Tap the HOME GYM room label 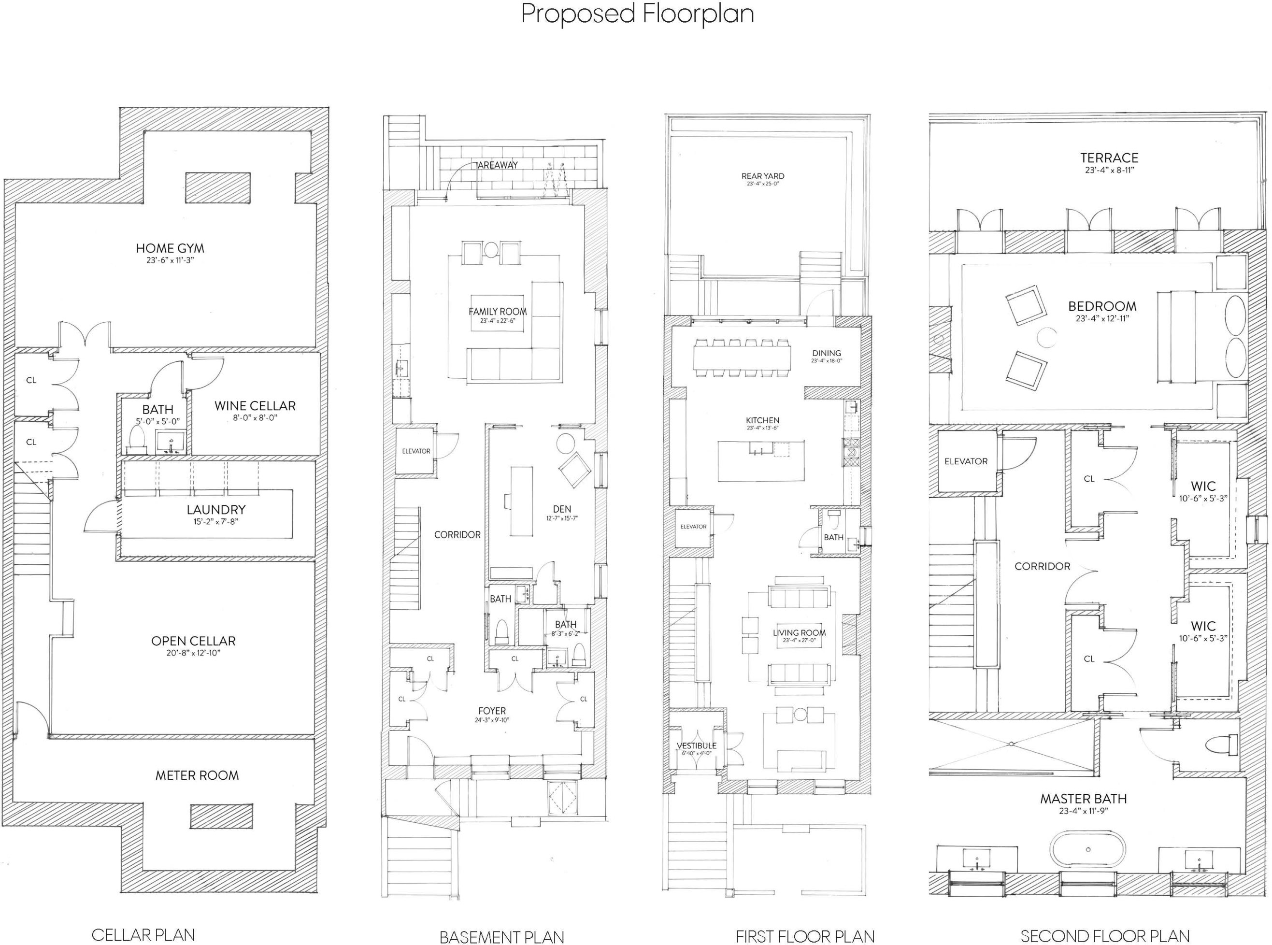point(170,248)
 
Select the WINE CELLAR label point(255,405)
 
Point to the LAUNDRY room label point(216,509)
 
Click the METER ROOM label point(197,775)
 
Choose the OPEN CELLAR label point(193,641)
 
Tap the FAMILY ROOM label point(498,312)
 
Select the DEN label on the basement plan point(562,509)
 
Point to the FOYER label point(492,711)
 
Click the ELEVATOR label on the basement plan point(416,451)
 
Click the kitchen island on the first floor point(761,460)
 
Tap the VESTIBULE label point(696,745)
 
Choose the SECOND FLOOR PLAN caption point(1105,936)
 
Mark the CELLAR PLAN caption point(143,935)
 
